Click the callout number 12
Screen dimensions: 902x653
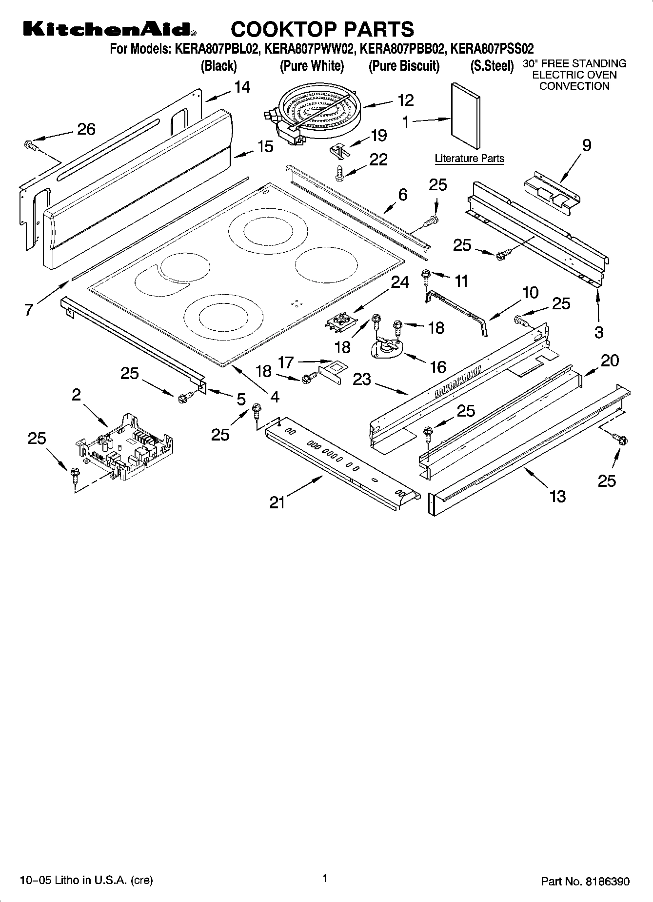[x=405, y=100]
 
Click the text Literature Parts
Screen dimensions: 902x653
[x=469, y=159]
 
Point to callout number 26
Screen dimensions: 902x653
[x=86, y=129]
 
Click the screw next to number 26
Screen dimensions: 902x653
[x=31, y=145]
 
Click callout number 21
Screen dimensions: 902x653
[x=277, y=502]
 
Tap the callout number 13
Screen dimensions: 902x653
[x=557, y=496]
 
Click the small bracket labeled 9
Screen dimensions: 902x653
[x=552, y=193]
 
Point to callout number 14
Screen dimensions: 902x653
[x=242, y=87]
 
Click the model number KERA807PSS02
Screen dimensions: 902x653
[x=492, y=49]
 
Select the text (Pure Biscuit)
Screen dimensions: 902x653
[x=404, y=66]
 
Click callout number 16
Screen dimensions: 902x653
[x=438, y=366]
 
